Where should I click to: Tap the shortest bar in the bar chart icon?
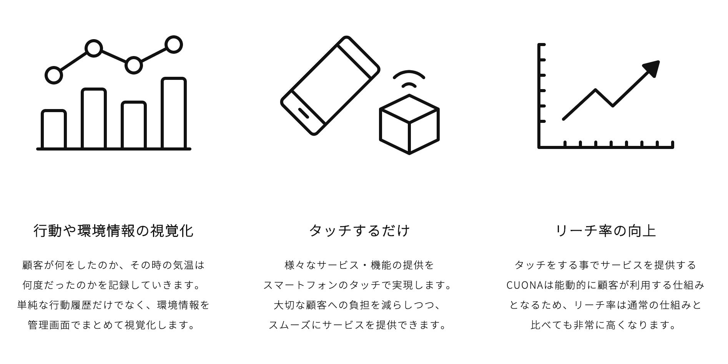coord(54,129)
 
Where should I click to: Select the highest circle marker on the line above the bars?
coord(173,45)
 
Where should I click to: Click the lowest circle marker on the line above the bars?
coord(54,75)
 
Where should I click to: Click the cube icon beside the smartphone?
coord(409,124)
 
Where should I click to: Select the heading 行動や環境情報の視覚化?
coord(113,231)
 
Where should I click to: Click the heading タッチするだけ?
coord(359,231)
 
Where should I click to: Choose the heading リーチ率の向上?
coord(606,231)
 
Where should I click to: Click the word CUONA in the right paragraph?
coord(524,285)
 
